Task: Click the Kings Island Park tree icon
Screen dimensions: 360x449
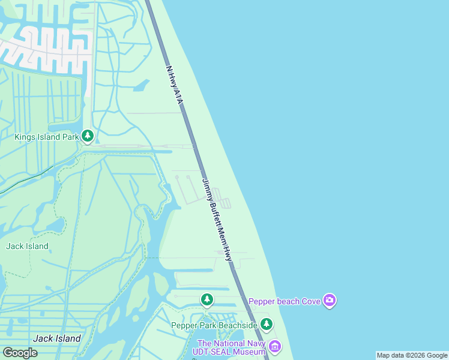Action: (88, 136)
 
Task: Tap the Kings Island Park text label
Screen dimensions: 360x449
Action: (47, 137)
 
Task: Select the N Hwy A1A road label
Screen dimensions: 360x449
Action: (173, 86)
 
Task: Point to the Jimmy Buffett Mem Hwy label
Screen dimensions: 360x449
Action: (217, 220)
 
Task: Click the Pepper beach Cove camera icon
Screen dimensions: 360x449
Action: (329, 300)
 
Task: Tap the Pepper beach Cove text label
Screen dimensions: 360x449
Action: (285, 301)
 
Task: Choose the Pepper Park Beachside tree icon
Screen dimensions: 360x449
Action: (266, 325)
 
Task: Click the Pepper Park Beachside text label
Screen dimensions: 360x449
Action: (214, 325)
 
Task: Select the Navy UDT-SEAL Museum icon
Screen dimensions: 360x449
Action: (275, 346)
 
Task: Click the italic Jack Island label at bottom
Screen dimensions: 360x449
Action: (57, 338)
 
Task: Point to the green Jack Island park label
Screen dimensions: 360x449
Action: (27, 246)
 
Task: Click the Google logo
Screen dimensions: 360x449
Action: (20, 353)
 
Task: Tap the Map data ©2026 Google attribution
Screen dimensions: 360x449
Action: (412, 355)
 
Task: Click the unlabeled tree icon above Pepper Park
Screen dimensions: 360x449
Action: (207, 299)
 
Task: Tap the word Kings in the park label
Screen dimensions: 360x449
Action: (25, 137)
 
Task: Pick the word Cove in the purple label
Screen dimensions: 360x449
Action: (310, 301)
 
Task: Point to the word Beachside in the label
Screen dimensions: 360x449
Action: (236, 325)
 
